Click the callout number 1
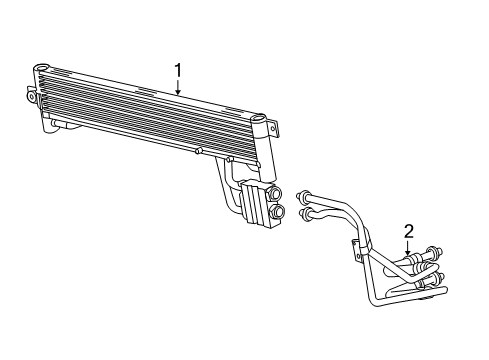tap(178, 70)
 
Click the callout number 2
tap(408, 231)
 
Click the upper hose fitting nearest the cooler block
tap(303, 196)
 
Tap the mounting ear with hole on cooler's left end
tap(27, 93)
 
